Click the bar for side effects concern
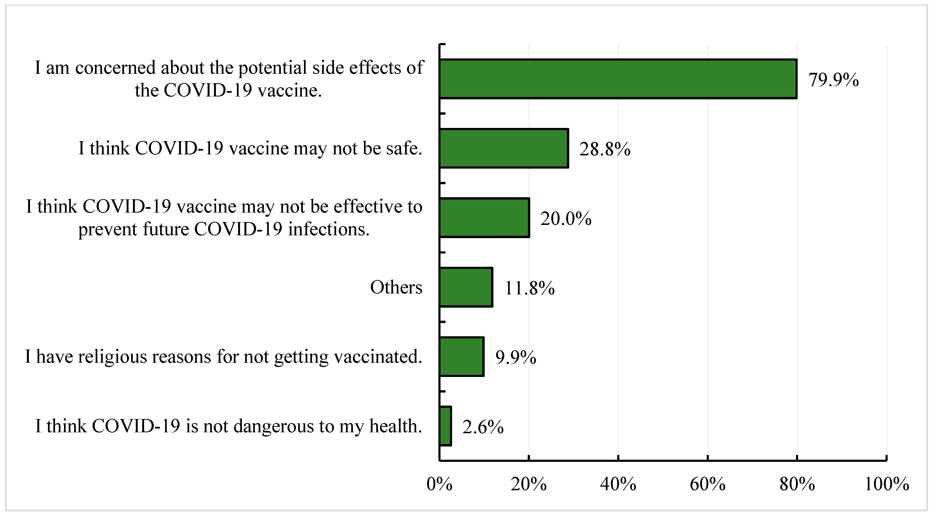coord(618,79)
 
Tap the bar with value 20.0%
coord(484,218)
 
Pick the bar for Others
coord(466,287)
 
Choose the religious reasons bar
coord(462,357)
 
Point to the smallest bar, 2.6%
coord(445,426)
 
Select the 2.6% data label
coord(483,427)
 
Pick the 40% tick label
coord(618,484)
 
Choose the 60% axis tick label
coord(708,484)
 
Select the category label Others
coord(396,287)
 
